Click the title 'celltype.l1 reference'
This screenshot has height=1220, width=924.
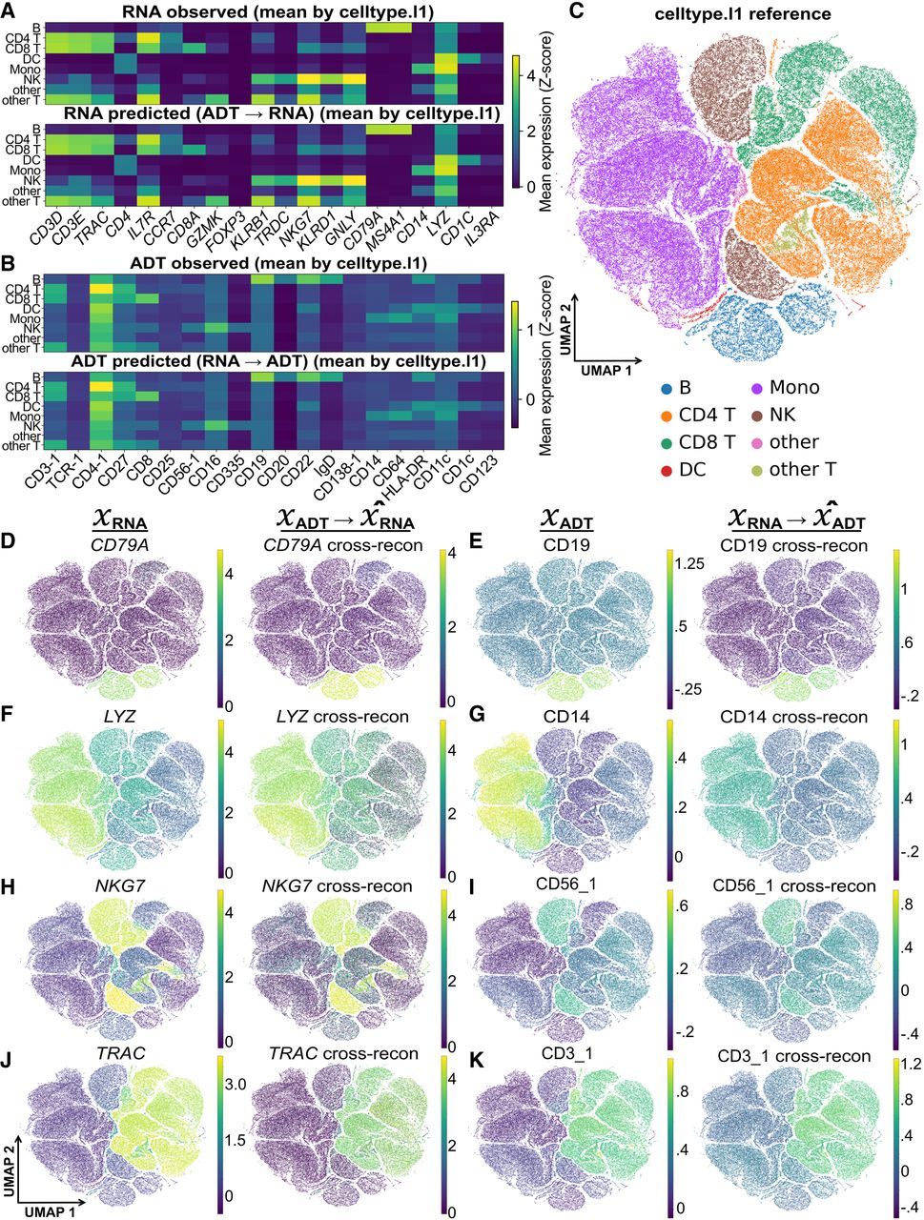point(742,13)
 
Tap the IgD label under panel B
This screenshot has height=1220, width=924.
point(328,466)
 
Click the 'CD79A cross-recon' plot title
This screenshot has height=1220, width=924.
point(342,545)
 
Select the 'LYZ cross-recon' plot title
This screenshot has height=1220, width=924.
point(342,717)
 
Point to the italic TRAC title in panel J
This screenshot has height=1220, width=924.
point(121,1052)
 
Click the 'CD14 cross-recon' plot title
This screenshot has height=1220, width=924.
point(793,717)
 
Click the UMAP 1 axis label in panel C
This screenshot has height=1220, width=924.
point(606,370)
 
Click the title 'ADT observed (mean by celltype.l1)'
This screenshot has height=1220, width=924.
point(278,263)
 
